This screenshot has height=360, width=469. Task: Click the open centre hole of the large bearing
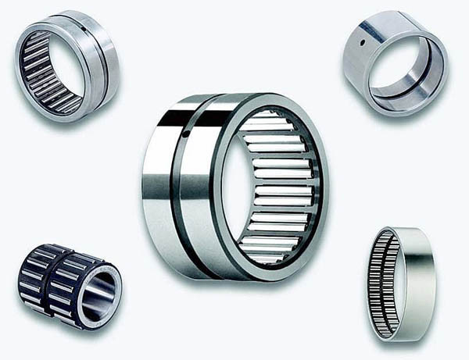coord(234,187)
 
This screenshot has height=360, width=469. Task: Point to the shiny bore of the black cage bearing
coord(99,294)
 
